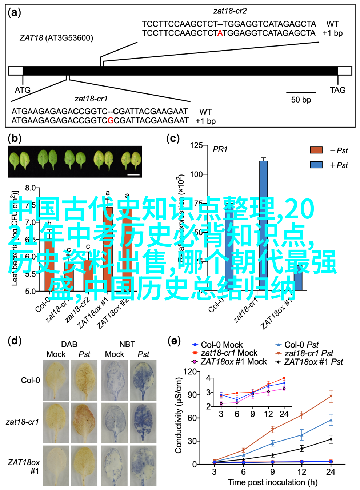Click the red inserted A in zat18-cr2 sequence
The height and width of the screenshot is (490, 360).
point(220,33)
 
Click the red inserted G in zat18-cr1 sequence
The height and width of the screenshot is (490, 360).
point(111,120)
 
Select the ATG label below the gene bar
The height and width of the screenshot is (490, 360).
point(23,90)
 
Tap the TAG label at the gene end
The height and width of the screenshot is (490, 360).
point(337,90)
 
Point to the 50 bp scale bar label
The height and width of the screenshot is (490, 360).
point(301,100)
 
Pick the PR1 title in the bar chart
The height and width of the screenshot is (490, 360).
point(220,149)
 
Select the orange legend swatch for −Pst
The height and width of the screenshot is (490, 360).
point(316,150)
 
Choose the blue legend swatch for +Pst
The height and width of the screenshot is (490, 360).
point(316,165)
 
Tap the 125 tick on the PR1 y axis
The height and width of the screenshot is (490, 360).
point(196,145)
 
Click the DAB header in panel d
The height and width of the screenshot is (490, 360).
point(69,344)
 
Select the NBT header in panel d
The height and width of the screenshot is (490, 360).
point(127,344)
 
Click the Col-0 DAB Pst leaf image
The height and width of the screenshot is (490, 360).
point(84,380)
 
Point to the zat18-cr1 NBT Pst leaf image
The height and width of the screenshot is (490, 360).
point(143,422)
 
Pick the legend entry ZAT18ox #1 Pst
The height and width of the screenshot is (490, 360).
point(313,362)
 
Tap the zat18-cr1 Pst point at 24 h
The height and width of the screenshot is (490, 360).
point(331,396)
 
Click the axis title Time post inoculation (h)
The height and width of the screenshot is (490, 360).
point(272,482)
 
